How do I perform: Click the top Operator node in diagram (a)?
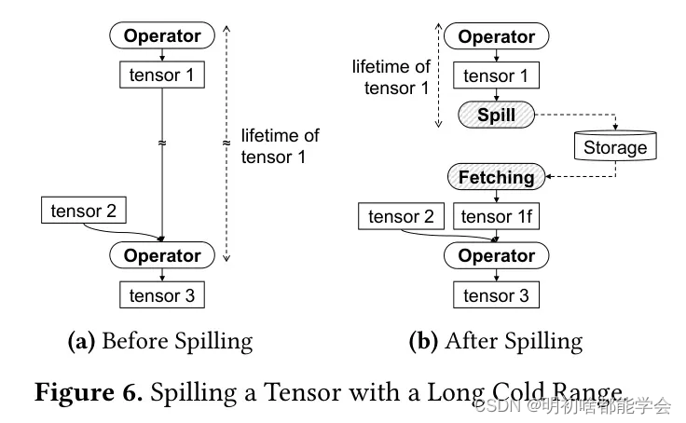tap(162, 36)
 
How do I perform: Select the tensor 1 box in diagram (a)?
tap(162, 75)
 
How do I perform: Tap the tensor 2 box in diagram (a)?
tap(84, 211)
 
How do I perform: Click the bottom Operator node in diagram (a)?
tap(162, 255)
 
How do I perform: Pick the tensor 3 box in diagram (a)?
tap(162, 295)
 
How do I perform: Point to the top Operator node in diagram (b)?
tap(497, 36)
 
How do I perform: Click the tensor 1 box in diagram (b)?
tap(497, 76)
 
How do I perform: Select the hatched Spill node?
tap(496, 116)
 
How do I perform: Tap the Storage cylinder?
tap(615, 146)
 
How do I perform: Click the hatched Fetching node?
tap(496, 177)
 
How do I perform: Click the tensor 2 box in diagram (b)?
tap(401, 217)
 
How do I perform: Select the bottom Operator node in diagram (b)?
tap(496, 255)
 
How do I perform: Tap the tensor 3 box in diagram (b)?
tap(496, 295)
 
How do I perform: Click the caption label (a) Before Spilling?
tap(160, 341)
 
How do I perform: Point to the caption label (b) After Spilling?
tap(496, 341)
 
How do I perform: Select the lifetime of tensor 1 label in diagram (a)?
tap(280, 146)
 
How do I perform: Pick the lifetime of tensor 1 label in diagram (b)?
tap(391, 77)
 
